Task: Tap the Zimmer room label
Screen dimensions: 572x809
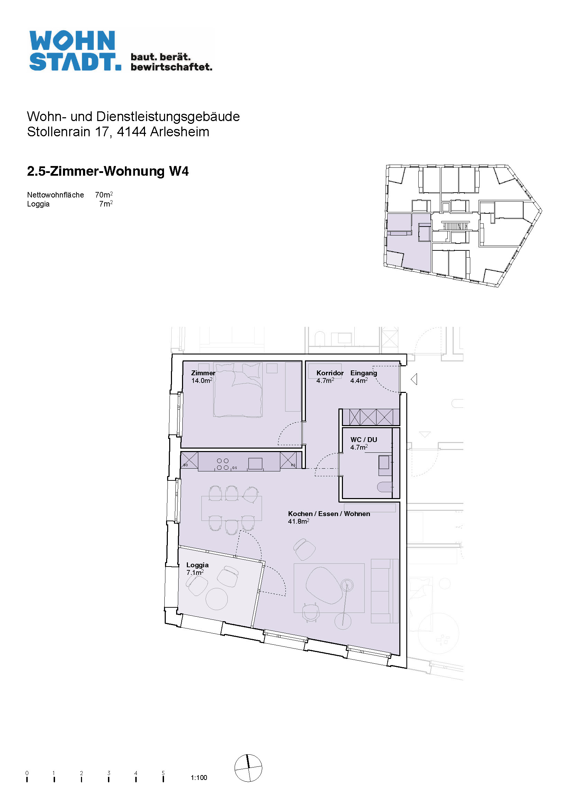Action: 203,373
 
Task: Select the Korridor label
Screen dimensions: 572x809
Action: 330,373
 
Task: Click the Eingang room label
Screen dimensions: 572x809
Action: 364,373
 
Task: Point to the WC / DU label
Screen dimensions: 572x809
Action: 364,439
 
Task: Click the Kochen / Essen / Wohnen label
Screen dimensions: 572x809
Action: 329,513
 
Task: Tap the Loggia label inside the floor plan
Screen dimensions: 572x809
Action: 197,565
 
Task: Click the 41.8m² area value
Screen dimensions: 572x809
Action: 299,521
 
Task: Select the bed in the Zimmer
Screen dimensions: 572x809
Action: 238,390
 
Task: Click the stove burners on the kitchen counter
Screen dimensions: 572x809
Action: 223,464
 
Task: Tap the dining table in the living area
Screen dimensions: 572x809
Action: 231,508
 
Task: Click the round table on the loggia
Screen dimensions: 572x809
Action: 216,599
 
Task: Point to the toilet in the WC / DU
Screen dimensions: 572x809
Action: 385,487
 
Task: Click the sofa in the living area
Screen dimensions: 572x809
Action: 384,591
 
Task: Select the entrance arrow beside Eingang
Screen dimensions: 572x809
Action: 414,379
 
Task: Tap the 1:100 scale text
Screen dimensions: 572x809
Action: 199,777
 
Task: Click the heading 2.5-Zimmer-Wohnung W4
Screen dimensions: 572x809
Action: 108,171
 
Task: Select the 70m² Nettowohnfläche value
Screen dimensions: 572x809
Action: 104,194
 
